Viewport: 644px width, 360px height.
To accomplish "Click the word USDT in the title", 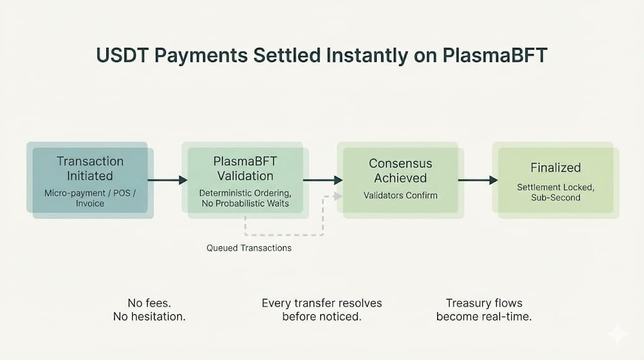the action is click(122, 55).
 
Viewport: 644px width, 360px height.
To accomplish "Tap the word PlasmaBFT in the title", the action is click(494, 55).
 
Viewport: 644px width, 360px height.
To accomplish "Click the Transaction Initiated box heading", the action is click(90, 169).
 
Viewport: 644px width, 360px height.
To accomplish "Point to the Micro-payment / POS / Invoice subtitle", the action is click(90, 198).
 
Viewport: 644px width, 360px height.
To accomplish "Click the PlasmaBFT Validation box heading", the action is click(245, 169).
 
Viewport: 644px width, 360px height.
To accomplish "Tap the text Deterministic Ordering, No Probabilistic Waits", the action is click(245, 198).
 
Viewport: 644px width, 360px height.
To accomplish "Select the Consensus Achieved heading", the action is click(401, 171).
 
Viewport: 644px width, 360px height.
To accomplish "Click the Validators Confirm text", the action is click(401, 196).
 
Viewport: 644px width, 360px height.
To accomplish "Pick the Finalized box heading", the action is click(556, 167).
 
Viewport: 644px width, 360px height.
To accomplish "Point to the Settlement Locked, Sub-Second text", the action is click(556, 193).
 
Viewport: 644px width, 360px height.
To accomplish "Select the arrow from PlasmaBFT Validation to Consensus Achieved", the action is click(323, 180).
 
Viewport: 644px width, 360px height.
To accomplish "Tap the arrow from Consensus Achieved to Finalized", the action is click(478, 180).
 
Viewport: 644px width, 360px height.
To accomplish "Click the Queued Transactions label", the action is click(249, 248).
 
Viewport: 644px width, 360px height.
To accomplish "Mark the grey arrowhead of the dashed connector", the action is click(338, 196).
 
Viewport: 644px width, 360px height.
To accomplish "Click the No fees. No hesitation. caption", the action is click(149, 310).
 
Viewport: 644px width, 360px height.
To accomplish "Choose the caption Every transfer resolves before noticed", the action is click(321, 310).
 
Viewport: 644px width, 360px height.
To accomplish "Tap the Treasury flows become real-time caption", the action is click(484, 310).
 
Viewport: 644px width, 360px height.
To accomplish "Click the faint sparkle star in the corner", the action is click(618, 334).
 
